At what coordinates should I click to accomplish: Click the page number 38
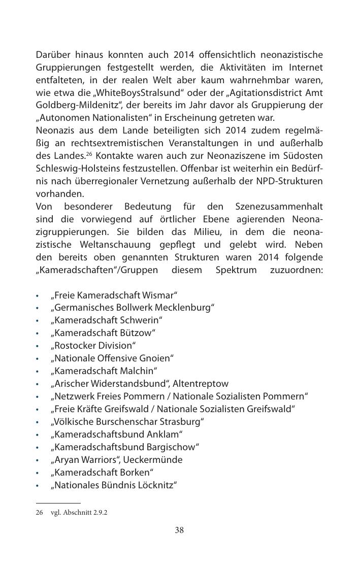pos(179,530)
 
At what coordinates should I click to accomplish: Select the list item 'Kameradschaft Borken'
pos(102,473)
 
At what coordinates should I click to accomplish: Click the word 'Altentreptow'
pos(201,384)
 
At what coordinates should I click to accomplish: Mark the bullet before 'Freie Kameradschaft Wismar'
pos(38,295)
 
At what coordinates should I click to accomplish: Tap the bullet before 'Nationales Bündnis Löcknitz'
pos(38,486)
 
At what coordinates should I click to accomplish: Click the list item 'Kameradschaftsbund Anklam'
pos(116,434)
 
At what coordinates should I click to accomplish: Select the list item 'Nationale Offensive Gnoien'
pos(112,358)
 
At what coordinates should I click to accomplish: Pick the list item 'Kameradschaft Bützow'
pos(103,333)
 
